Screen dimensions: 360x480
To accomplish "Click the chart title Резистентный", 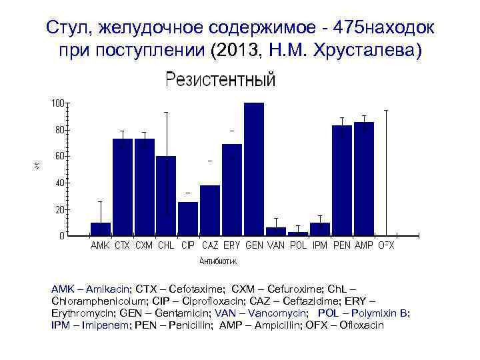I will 220,81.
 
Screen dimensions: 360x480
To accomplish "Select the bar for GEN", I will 254,169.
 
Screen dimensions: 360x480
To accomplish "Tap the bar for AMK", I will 101,229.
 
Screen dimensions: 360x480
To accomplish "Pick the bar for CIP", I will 188,219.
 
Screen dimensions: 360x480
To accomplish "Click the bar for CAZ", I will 210,210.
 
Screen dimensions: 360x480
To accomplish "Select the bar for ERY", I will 232,189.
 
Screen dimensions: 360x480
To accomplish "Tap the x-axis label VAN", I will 276,245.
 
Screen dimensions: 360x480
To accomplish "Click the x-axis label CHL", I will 166,245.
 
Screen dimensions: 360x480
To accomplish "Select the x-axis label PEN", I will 342,245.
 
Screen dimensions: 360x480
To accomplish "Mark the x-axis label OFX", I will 386,245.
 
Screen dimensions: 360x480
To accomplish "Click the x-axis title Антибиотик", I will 220,261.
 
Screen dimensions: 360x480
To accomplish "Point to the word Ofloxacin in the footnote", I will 361,325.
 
